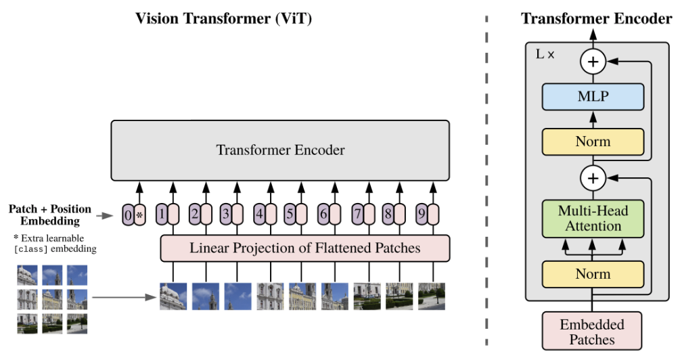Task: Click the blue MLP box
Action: (x=593, y=97)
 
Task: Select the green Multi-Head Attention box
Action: (x=593, y=219)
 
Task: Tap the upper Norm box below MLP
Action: (x=593, y=141)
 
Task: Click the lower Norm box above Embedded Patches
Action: (x=593, y=274)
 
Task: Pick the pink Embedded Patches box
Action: (x=592, y=331)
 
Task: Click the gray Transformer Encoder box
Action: (x=280, y=150)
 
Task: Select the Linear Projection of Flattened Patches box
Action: (x=304, y=248)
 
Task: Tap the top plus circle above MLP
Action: (x=593, y=62)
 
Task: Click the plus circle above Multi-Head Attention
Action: (x=593, y=179)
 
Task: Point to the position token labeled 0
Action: (x=128, y=215)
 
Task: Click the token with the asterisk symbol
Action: (x=139, y=215)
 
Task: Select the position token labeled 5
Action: (x=290, y=215)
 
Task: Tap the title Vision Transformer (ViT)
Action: (x=224, y=18)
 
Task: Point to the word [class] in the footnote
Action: (x=30, y=249)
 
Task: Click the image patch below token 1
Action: (x=173, y=296)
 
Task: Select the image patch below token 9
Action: (x=432, y=296)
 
